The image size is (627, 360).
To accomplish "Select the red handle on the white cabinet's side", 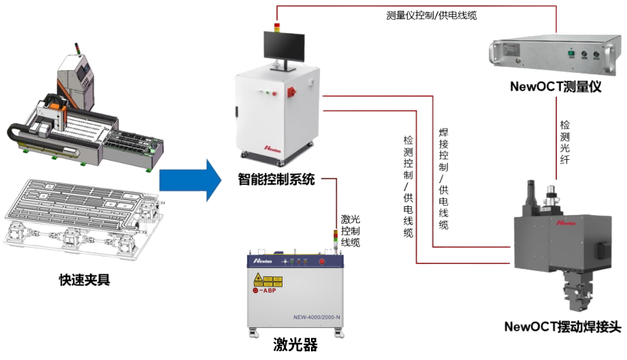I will click(x=295, y=91).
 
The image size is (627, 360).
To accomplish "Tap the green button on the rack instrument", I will click(x=570, y=53).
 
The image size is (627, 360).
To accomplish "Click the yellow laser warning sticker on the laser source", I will click(x=259, y=280).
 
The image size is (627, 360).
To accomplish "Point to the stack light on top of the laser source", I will click(x=334, y=238).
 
